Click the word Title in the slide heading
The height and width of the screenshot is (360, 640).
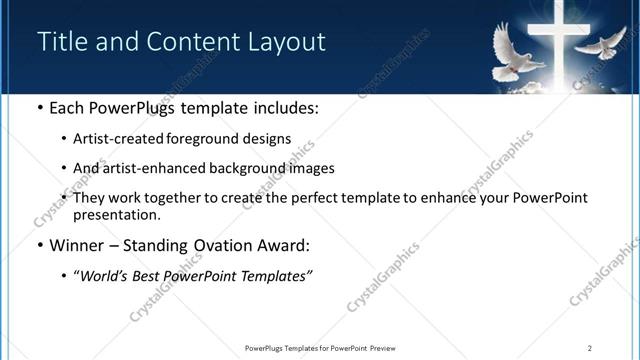coord(61,42)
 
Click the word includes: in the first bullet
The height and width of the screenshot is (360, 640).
coord(284,108)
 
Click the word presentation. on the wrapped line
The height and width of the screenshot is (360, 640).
coord(116,214)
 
